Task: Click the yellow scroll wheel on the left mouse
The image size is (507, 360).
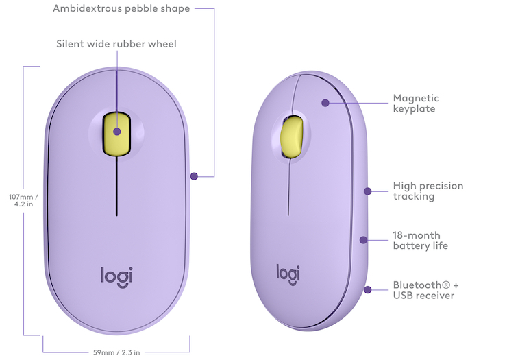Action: [x=116, y=134]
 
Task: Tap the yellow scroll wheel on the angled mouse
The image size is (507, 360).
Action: [x=292, y=137]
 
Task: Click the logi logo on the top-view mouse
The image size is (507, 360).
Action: [x=116, y=278]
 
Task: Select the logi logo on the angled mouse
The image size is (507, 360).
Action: [x=288, y=275]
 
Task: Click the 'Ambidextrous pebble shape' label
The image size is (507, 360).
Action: [x=121, y=8]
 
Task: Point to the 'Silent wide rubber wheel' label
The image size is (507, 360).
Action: [x=116, y=44]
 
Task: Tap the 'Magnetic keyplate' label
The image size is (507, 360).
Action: [x=416, y=104]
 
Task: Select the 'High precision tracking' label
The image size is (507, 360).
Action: [x=428, y=191]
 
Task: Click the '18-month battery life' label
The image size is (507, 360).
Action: [x=421, y=240]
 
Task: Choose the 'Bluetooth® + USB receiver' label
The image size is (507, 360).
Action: [x=425, y=290]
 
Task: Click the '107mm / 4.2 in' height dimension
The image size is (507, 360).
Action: [x=23, y=200]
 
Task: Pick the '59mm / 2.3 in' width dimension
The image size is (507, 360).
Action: [x=116, y=352]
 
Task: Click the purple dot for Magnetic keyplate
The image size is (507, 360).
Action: [x=325, y=103]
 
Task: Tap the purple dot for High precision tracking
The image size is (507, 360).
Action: [x=367, y=191]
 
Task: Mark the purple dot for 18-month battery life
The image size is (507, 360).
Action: [x=363, y=240]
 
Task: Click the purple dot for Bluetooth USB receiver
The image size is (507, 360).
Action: [x=367, y=290]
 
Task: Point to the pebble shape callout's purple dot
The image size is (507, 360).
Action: [x=194, y=176]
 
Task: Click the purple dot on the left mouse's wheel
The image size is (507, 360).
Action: [x=117, y=132]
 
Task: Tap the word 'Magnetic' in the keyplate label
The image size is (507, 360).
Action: [x=416, y=98]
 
